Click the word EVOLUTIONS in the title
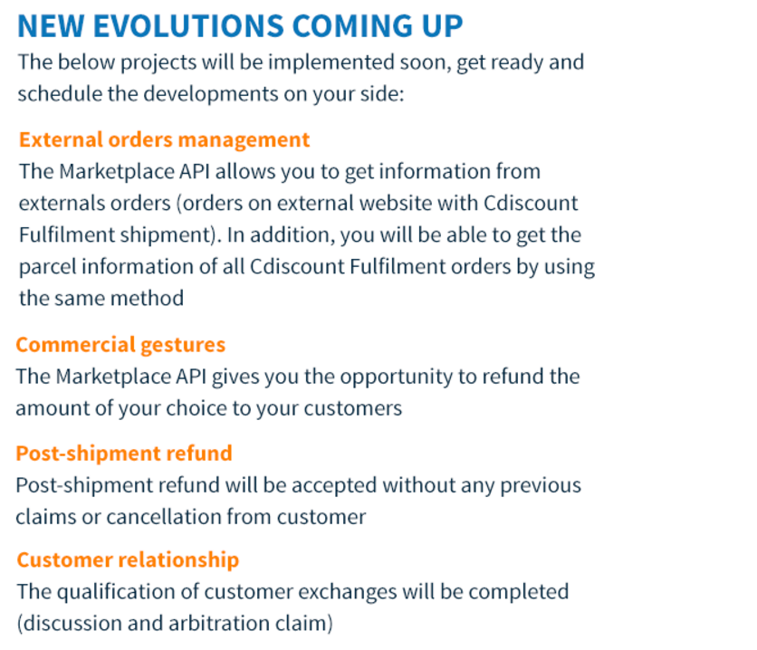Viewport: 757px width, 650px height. coord(188,25)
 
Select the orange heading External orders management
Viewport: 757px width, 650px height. coord(164,140)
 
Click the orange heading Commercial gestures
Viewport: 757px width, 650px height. coord(120,346)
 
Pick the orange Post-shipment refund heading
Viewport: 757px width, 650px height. coord(124,454)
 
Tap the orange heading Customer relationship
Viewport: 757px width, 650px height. coord(128,560)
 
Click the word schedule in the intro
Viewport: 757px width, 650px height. coord(60,93)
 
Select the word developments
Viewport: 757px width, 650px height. coord(211,94)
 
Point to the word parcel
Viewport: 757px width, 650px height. coord(47,267)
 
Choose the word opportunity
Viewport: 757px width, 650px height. coord(397,378)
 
